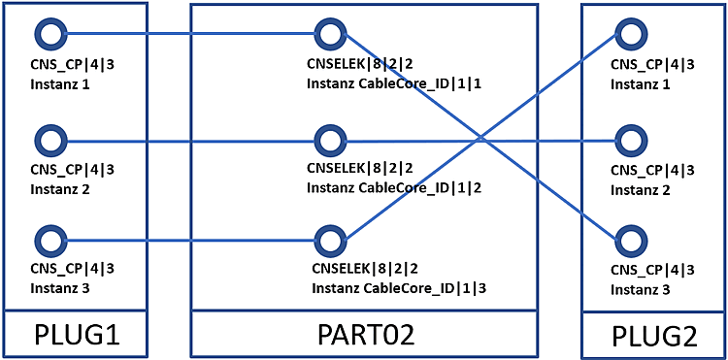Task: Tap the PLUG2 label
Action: point(654,337)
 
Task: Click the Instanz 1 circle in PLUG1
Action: point(51,33)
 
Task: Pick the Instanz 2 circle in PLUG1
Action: point(51,141)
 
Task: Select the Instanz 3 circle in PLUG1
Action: point(51,241)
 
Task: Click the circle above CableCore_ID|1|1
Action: point(330,33)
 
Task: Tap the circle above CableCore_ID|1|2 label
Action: point(330,141)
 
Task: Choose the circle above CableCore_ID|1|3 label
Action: point(330,241)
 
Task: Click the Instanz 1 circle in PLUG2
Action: point(631,33)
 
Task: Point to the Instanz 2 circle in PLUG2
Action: point(631,141)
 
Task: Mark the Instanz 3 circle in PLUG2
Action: point(631,242)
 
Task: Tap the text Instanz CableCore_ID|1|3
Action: point(400,288)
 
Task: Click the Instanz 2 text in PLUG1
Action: point(60,189)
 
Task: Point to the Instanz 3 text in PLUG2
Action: point(641,290)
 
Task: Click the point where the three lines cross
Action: point(480,138)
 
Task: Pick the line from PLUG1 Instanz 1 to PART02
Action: point(191,33)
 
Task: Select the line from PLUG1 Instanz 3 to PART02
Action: point(191,241)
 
